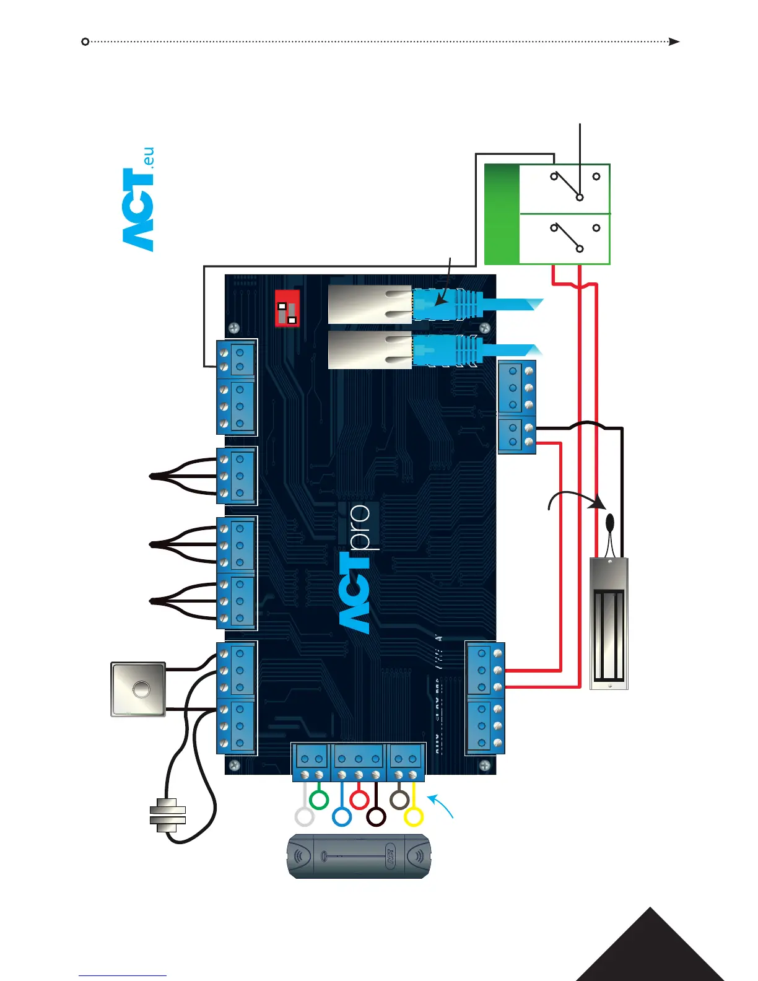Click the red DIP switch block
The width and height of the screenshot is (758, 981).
pos(287,308)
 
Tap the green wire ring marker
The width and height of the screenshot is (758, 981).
pos(318,800)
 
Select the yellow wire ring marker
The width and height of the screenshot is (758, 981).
pos(413,817)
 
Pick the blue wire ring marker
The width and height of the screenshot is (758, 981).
pos(341,817)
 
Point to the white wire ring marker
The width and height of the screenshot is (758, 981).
pos(304,817)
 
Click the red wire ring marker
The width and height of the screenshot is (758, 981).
pos(359,800)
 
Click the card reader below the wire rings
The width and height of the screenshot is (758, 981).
pos(358,857)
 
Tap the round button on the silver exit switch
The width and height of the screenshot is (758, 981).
pos(141,689)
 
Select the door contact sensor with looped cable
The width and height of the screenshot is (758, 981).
pos(167,815)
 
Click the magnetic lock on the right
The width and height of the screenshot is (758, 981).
pos(609,624)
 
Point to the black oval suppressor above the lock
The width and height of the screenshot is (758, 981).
pos(610,521)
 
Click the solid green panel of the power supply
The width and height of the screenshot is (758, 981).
pos(501,214)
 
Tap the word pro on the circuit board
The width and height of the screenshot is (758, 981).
pos(360,527)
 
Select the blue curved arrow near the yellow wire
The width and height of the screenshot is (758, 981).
pos(442,806)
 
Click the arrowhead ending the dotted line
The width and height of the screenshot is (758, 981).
pos(674,41)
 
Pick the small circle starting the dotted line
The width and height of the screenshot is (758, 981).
pos(85,41)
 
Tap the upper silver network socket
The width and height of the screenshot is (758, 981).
pos(369,305)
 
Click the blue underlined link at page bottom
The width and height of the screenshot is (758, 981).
pos(123,976)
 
